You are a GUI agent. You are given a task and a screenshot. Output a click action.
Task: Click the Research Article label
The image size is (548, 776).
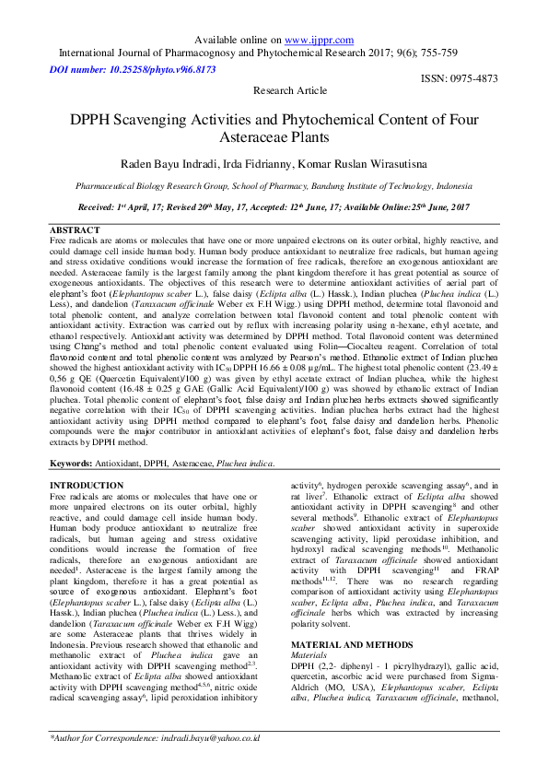point(289,91)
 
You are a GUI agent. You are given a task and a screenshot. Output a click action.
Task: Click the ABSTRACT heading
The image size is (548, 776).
point(74,229)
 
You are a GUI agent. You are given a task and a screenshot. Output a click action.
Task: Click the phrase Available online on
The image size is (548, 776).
point(240,41)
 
